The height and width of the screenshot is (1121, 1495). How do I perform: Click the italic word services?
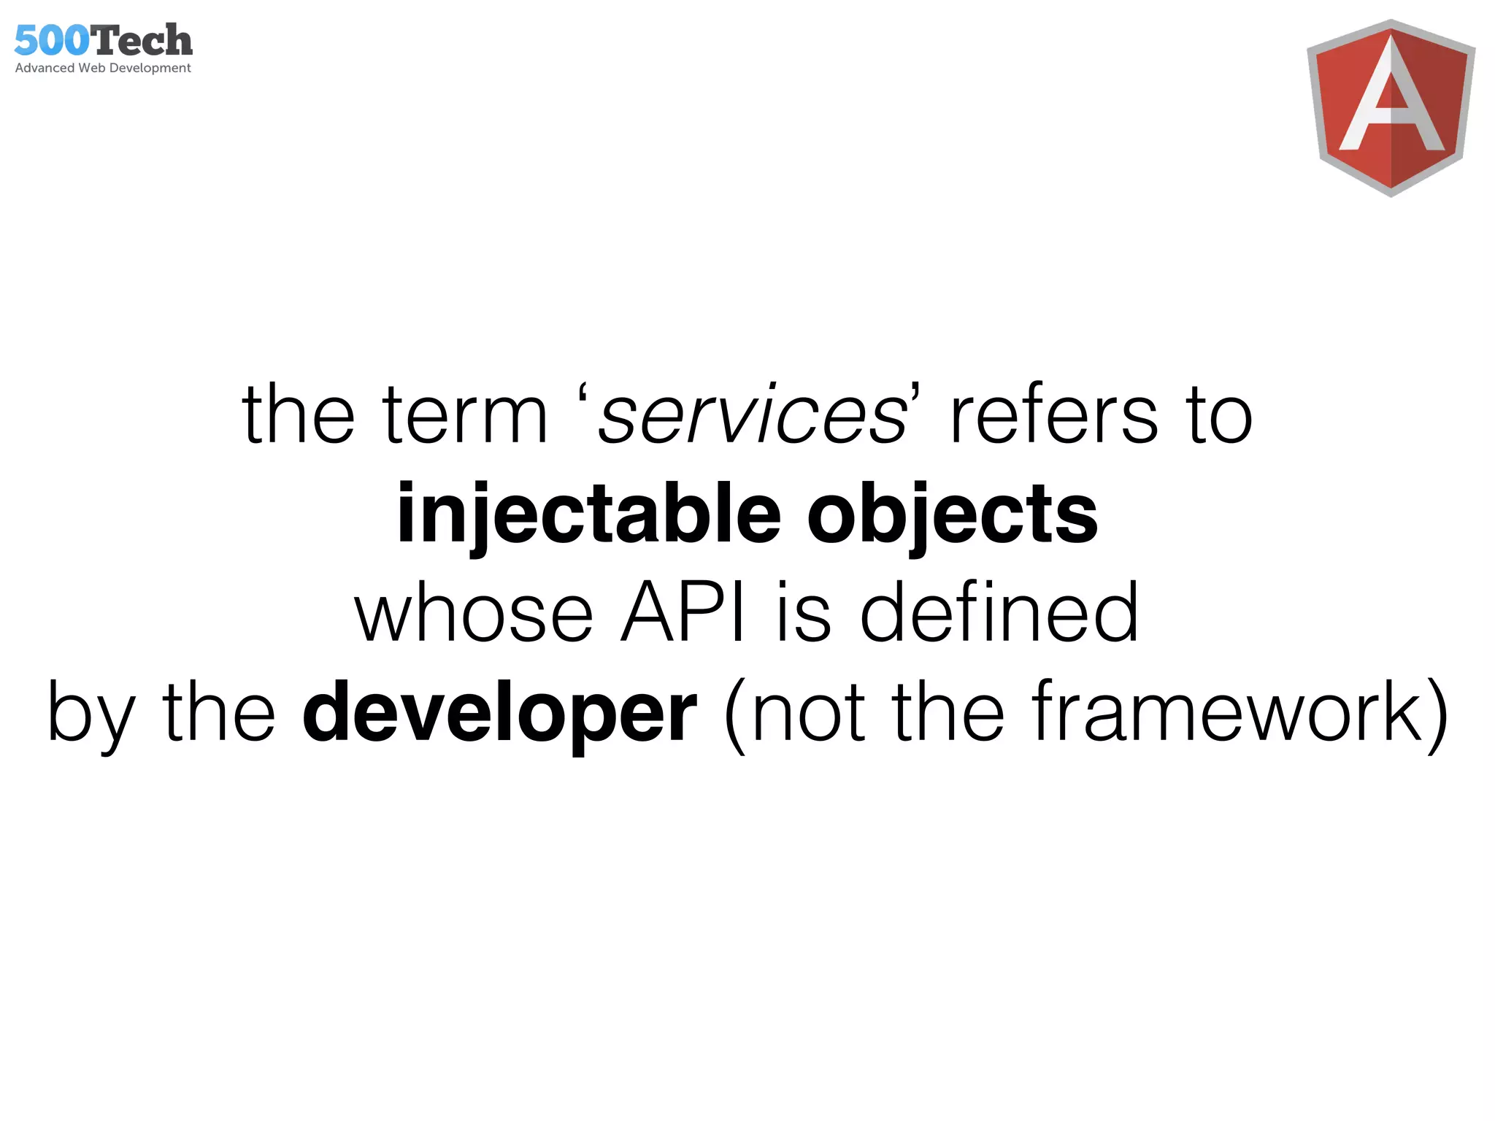752,416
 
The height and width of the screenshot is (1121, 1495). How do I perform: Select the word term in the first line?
465,416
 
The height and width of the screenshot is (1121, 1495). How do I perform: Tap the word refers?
1054,416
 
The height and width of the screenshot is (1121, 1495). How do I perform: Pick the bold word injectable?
588,515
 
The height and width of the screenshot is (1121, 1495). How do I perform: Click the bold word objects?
952,515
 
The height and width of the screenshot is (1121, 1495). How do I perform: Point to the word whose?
474,613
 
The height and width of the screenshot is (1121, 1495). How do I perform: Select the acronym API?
683,613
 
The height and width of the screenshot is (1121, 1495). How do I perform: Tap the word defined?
999,613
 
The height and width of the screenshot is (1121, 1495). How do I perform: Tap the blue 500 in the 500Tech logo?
52,41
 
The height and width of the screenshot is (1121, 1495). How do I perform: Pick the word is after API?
803,613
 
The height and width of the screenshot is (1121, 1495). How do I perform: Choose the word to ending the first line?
1220,416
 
